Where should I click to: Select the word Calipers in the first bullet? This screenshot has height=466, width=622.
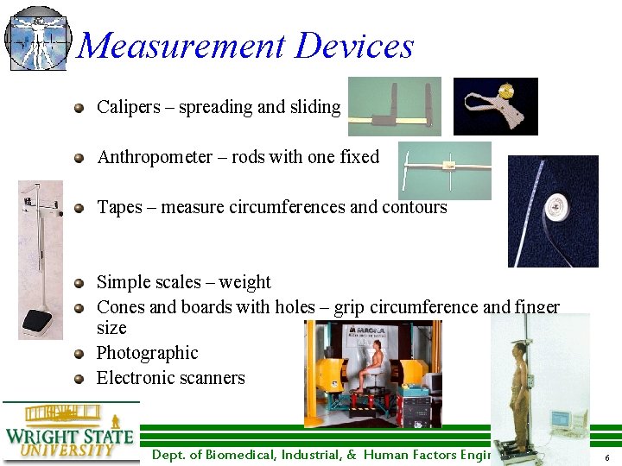click(x=129, y=107)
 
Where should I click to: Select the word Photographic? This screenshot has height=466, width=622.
click(x=147, y=353)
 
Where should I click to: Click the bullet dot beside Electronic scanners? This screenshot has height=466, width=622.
click(x=79, y=378)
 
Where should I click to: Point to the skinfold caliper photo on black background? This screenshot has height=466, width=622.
click(x=495, y=106)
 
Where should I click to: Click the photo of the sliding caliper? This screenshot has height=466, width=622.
click(x=394, y=106)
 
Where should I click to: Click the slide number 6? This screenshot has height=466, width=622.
click(x=607, y=457)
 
